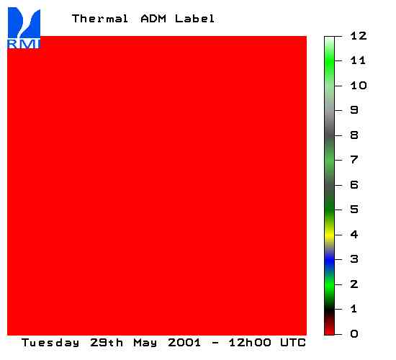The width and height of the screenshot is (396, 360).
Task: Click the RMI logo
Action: [24, 28]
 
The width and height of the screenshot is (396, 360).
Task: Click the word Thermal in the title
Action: [100, 19]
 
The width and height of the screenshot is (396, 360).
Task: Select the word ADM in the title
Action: [153, 19]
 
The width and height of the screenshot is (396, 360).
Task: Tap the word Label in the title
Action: [194, 19]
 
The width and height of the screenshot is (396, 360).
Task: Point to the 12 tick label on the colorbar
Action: [359, 36]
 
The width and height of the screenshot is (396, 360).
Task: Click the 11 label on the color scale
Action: [358, 60]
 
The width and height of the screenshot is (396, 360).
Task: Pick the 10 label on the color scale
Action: [359, 86]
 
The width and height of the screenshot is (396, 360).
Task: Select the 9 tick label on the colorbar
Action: [354, 110]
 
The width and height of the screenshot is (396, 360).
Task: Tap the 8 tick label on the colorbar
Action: [354, 135]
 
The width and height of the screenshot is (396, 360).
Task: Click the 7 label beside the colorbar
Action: [354, 160]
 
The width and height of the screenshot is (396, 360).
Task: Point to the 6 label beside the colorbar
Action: [354, 184]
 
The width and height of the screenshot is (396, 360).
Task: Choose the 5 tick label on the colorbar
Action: [354, 210]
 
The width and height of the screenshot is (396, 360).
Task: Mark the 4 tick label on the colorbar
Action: [354, 235]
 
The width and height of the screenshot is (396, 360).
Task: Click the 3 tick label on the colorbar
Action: [354, 259]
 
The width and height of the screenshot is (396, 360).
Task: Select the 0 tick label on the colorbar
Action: [354, 334]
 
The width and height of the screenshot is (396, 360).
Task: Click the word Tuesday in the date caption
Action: [50, 343]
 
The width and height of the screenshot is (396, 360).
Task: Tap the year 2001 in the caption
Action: [184, 343]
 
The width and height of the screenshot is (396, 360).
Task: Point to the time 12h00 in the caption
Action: [250, 343]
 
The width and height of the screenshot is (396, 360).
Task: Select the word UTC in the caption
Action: [293, 343]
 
